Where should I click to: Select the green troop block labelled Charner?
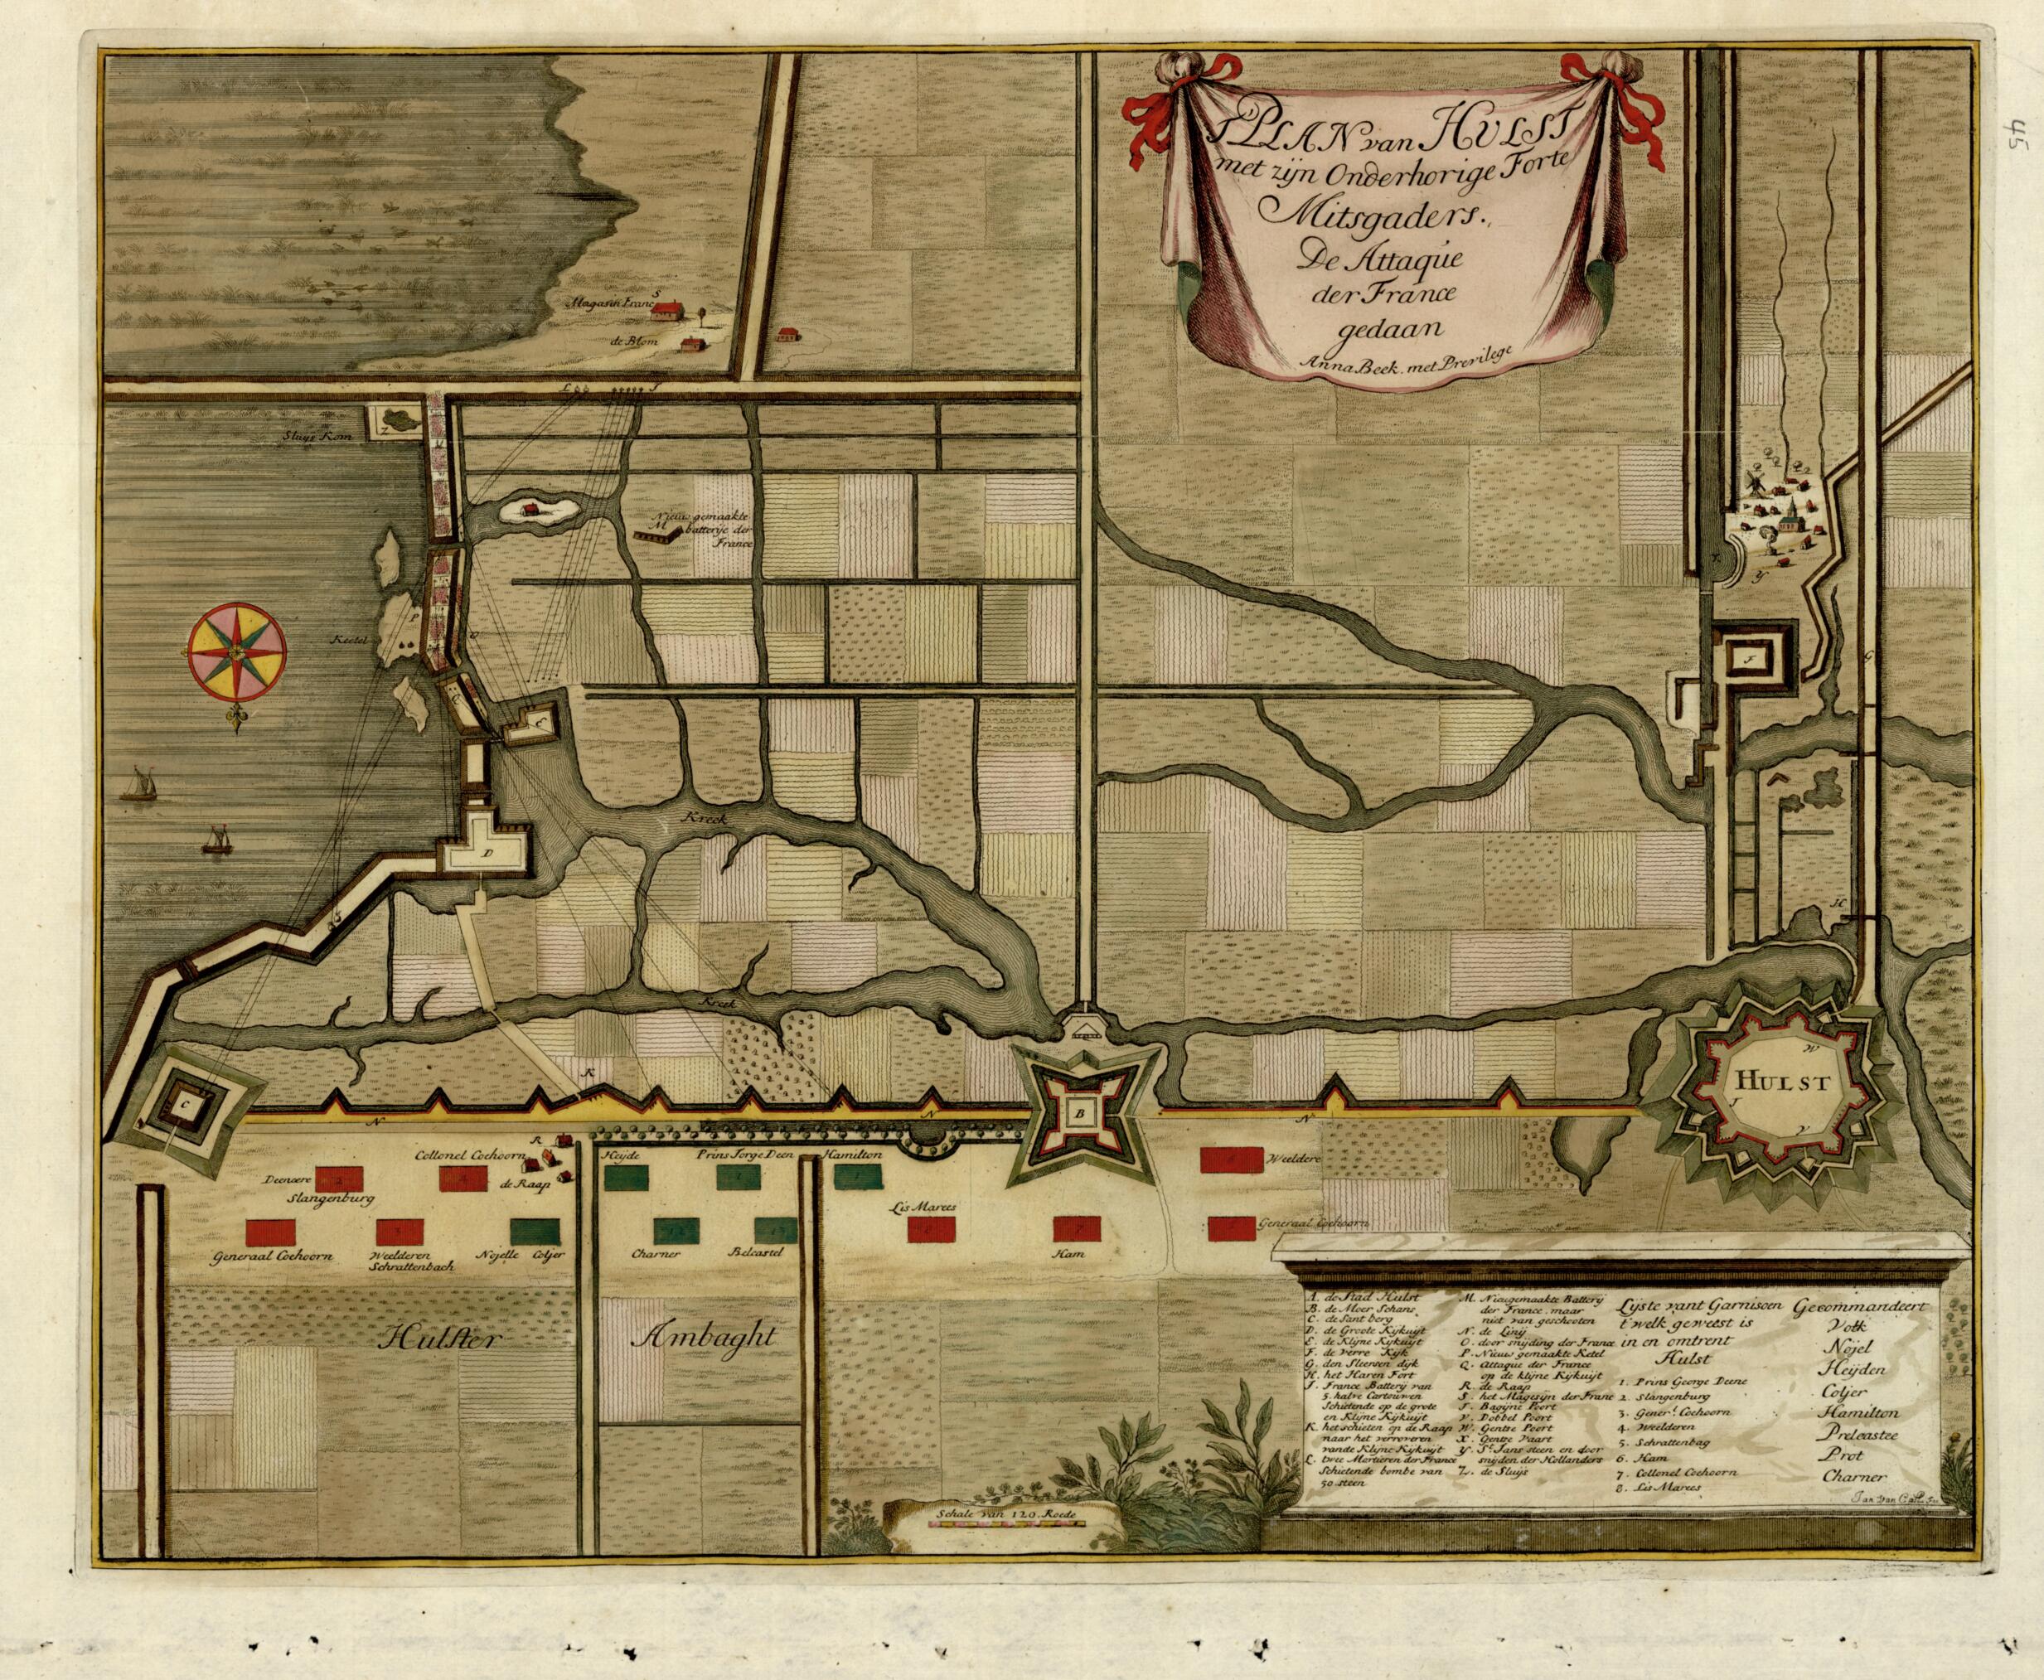[x=675, y=1229]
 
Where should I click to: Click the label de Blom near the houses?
[x=634, y=341]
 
